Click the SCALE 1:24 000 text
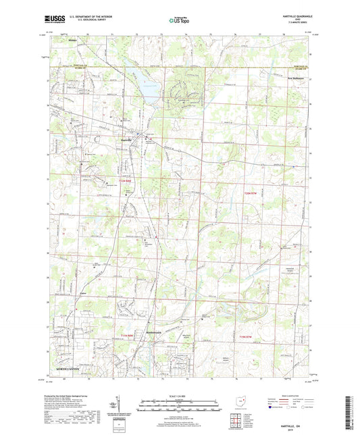179,395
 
